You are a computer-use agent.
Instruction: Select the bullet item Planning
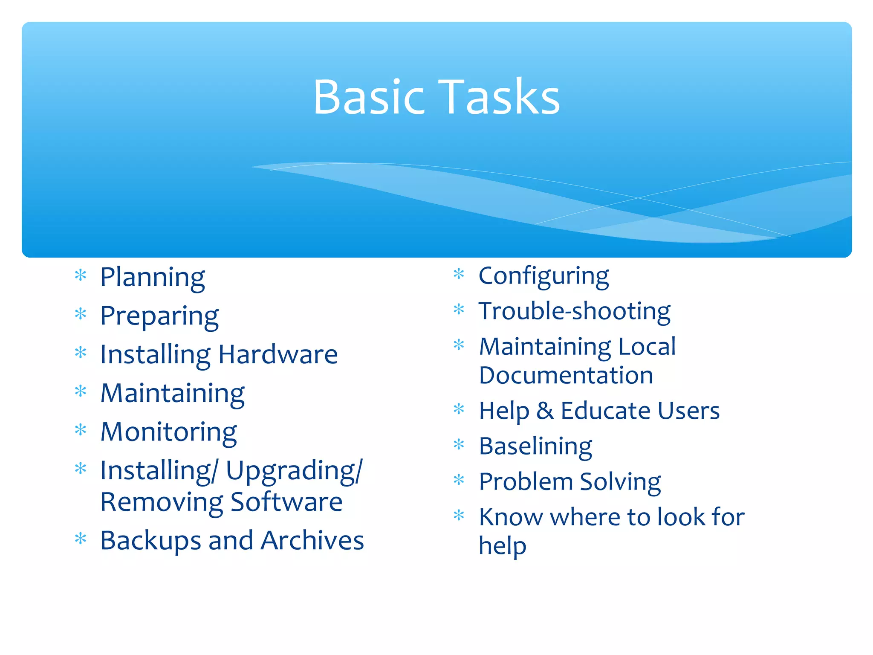(152, 277)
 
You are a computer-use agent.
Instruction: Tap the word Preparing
(159, 316)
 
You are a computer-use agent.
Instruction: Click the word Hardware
(278, 354)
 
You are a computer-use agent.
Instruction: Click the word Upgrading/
(294, 471)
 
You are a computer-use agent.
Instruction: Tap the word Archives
(312, 540)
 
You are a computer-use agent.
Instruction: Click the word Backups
(150, 540)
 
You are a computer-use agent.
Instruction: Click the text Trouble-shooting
(574, 311)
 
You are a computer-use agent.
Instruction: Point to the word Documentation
(566, 376)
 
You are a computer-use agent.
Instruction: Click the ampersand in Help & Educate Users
(545, 411)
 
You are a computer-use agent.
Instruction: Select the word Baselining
(535, 446)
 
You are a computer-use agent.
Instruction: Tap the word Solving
(620, 482)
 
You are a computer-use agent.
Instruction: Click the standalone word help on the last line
(502, 546)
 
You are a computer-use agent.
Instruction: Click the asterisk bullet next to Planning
(81, 275)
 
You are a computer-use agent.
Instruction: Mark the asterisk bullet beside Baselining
(459, 445)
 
